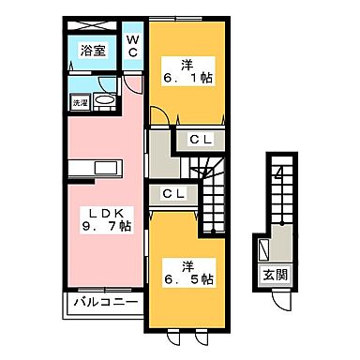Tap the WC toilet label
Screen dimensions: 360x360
click(133, 46)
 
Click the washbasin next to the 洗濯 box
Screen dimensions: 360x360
click(104, 102)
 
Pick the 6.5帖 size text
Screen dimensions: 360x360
click(191, 278)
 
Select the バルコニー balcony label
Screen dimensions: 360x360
click(102, 305)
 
